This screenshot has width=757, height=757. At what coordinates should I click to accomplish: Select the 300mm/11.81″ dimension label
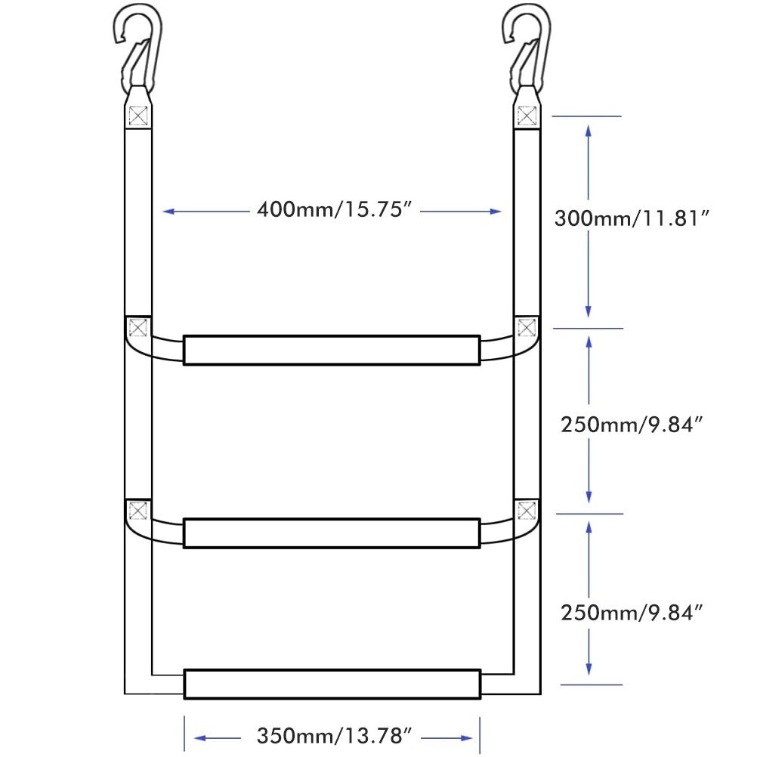pos(632,219)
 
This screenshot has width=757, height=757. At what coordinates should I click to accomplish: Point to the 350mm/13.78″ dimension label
pos(333,735)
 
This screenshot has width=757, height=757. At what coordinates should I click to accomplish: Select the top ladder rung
pos(332,350)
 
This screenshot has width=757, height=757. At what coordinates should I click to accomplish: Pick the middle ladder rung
pos(332,533)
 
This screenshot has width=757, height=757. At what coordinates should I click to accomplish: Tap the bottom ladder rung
pos(332,684)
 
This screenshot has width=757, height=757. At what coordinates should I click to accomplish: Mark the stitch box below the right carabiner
pos(527,116)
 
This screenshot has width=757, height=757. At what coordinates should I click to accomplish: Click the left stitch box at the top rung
pos(137,329)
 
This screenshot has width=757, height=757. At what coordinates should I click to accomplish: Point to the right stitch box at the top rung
pos(527,329)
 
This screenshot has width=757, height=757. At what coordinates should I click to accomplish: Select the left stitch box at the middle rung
pos(137,511)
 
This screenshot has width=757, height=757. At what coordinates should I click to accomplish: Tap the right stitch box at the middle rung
pos(527,511)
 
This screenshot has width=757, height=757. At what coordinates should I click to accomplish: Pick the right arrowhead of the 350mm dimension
pos(467,736)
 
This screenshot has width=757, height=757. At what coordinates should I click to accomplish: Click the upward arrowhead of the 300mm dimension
pos(589,129)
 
